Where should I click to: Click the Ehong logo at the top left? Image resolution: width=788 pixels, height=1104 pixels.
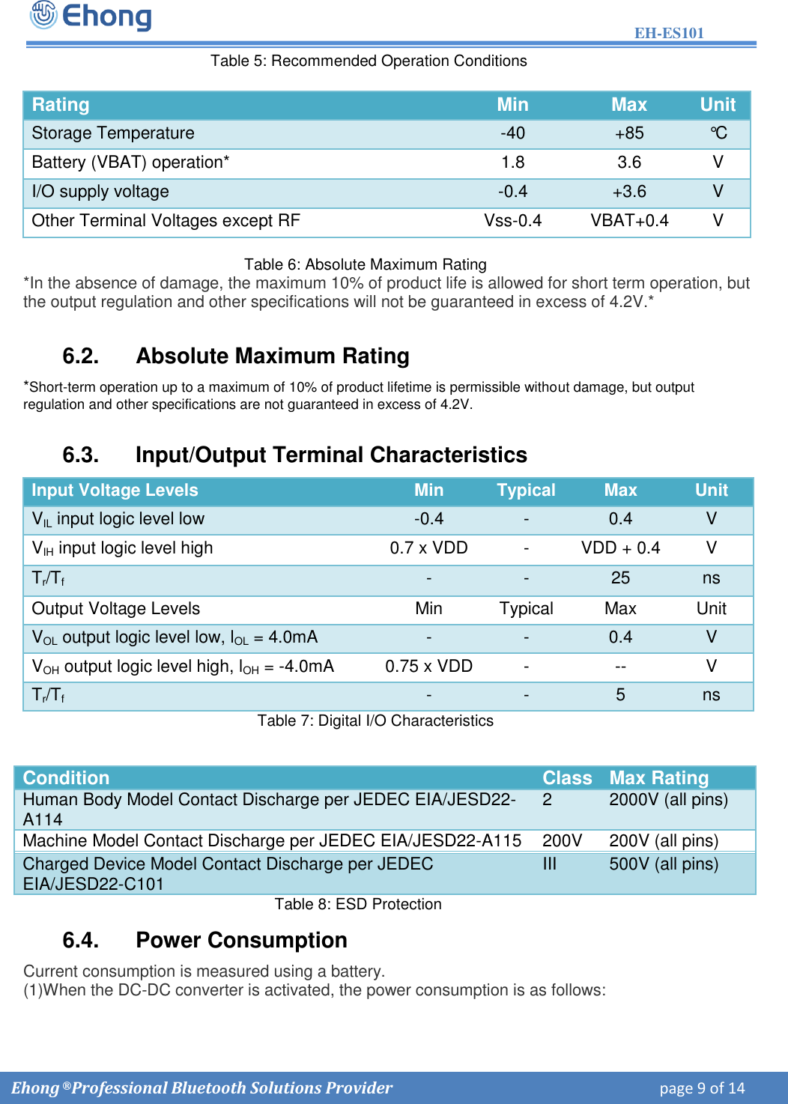(x=91, y=16)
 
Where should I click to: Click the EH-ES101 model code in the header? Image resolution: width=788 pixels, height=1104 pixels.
(x=669, y=33)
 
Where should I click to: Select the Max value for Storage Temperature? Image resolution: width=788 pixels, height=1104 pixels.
(x=628, y=133)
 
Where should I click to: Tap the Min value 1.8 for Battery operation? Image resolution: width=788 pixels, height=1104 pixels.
(x=512, y=163)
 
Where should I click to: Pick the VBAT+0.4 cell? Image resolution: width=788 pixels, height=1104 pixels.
(x=628, y=221)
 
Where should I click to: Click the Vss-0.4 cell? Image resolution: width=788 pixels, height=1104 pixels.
(x=512, y=221)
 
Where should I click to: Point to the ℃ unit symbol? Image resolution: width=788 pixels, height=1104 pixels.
(x=718, y=133)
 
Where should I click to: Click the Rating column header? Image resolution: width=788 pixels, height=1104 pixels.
(x=61, y=105)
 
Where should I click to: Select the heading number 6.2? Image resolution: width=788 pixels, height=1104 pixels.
(x=81, y=356)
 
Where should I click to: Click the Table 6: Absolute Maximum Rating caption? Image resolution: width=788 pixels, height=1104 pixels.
(x=365, y=264)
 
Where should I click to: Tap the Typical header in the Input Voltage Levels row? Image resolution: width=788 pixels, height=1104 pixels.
(x=526, y=491)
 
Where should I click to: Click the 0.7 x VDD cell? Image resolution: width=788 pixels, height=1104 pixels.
(x=428, y=548)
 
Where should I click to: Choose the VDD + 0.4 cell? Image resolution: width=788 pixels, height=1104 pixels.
(x=620, y=548)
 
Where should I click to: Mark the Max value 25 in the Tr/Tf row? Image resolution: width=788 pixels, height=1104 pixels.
(x=620, y=578)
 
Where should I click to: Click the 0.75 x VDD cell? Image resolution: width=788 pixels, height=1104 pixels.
(x=428, y=667)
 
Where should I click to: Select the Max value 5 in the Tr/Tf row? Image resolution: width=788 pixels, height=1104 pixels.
(x=620, y=695)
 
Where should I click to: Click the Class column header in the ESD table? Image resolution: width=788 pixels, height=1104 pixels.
(x=567, y=778)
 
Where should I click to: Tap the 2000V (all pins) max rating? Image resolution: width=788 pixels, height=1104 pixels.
(x=668, y=800)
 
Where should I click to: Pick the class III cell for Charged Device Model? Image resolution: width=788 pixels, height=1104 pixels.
(x=549, y=864)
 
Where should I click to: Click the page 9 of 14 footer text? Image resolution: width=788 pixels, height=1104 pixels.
(x=702, y=1088)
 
